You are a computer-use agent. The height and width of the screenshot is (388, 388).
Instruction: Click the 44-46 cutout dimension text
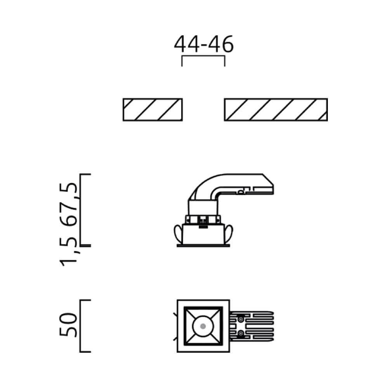pos(203,44)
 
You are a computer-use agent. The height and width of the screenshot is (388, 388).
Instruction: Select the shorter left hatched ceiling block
pos(152,109)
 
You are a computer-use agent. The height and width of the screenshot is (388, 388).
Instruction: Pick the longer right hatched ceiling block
pos(275,109)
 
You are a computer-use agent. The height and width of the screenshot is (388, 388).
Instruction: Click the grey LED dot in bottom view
pos(203,326)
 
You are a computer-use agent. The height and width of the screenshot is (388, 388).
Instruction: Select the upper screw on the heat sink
pos(241,319)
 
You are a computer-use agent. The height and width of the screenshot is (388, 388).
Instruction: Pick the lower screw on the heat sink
pos(241,333)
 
